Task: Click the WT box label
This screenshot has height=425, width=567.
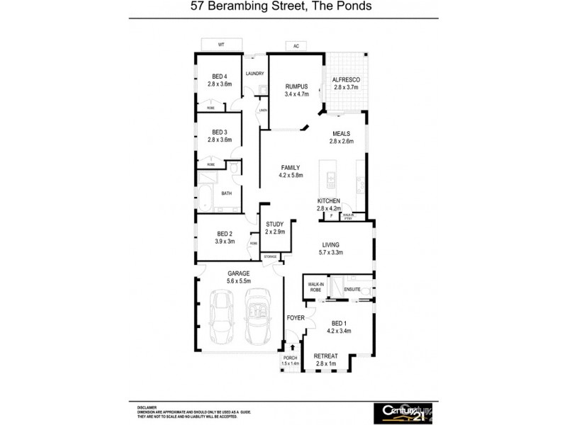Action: pyautogui.click(x=220, y=45)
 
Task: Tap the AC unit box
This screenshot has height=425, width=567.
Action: pyautogui.click(x=296, y=46)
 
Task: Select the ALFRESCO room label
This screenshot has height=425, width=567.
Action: pyautogui.click(x=347, y=80)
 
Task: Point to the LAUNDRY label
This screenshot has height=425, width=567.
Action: pyautogui.click(x=254, y=74)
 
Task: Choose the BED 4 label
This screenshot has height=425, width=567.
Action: pyautogui.click(x=220, y=76)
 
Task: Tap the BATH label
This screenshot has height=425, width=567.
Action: pyautogui.click(x=227, y=193)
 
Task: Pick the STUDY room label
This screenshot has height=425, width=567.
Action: pyautogui.click(x=274, y=225)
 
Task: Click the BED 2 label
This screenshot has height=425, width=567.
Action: pyautogui.click(x=225, y=234)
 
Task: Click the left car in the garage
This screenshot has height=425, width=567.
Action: pyautogui.click(x=221, y=317)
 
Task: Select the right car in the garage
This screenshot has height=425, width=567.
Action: pyautogui.click(x=258, y=317)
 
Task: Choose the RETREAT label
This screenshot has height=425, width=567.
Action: pyautogui.click(x=326, y=356)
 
